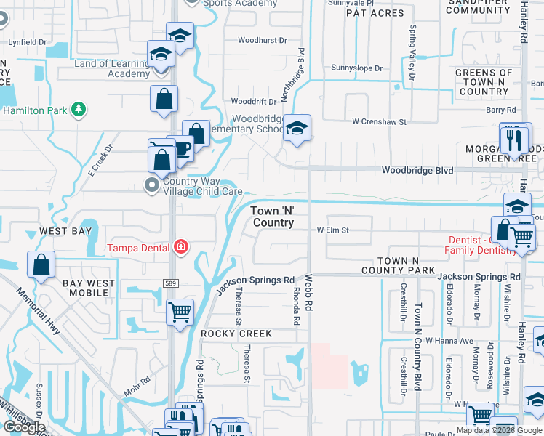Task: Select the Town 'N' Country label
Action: [273, 216]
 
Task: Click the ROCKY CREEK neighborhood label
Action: [236, 334]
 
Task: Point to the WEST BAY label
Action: [65, 231]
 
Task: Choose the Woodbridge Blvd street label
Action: [418, 171]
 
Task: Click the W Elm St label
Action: [332, 230]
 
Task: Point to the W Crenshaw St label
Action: [379, 122]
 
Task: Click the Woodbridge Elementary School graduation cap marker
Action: [296, 129]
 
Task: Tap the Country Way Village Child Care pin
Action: [152, 186]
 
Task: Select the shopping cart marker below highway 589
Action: [180, 313]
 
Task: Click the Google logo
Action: [24, 427]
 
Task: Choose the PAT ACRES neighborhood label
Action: [375, 13]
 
